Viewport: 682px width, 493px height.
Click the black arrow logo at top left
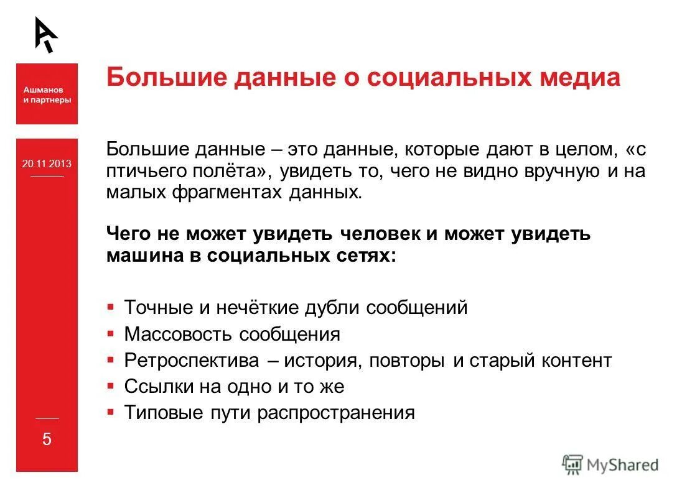coord(45,34)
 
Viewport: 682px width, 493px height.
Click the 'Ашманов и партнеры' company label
coord(47,95)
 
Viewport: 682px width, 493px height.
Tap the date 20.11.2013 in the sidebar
coord(47,164)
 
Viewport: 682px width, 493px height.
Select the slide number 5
coord(47,440)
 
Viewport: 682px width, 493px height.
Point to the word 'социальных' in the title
coord(439,78)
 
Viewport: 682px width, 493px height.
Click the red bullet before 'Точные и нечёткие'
coord(110,306)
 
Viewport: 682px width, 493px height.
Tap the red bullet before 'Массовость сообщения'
coord(110,333)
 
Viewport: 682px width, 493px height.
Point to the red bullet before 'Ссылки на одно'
coord(110,385)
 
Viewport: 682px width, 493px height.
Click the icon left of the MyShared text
coord(572,464)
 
